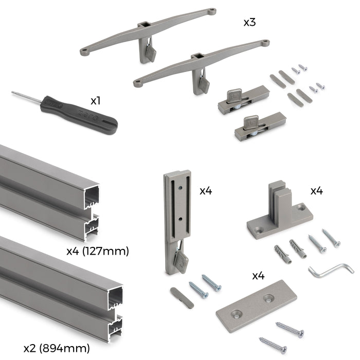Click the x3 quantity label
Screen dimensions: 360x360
[x=250, y=23]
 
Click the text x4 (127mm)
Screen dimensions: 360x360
[x=97, y=251]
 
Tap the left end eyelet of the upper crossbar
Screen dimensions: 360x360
[x=84, y=52]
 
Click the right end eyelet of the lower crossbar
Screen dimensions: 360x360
[x=264, y=43]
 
